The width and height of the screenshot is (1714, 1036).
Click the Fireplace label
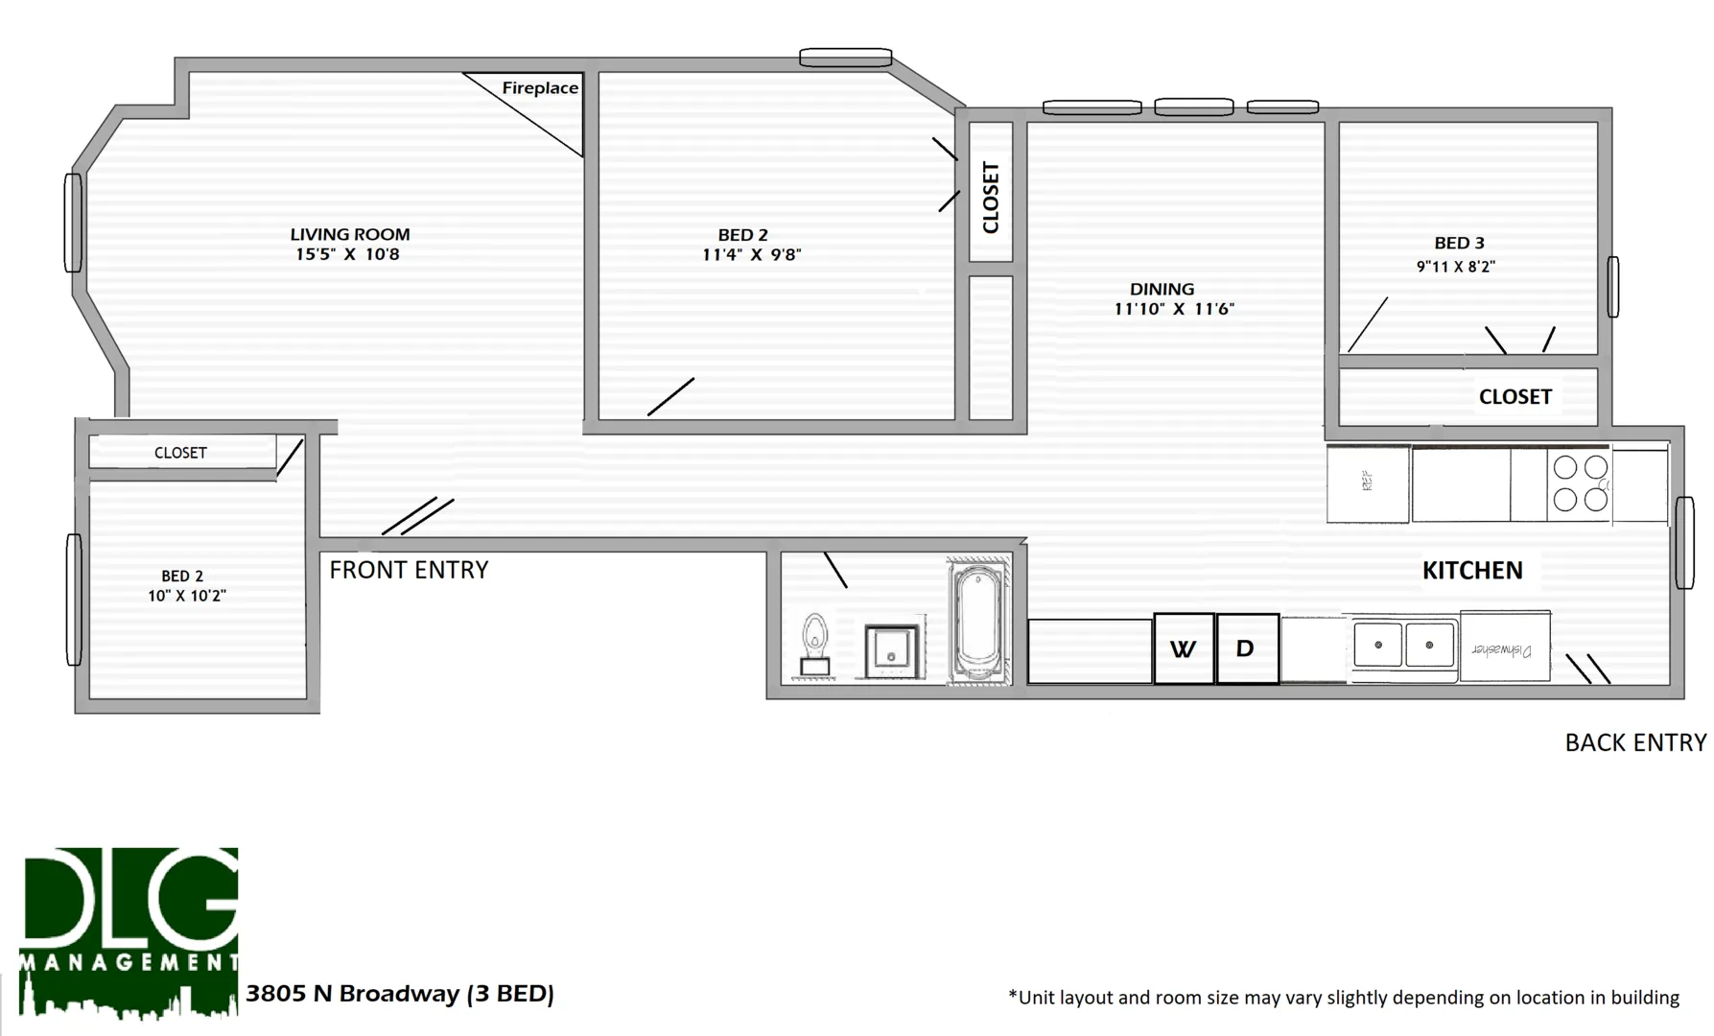(540, 88)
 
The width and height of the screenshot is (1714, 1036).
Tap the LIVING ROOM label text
(350, 234)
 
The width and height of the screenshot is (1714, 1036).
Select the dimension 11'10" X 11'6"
(1174, 309)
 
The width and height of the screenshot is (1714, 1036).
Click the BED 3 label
(1459, 244)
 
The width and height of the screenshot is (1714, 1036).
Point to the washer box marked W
(1184, 648)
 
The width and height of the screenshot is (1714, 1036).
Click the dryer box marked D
(1246, 648)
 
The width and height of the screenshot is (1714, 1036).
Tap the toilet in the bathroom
(815, 646)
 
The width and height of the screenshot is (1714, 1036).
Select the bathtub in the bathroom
(978, 624)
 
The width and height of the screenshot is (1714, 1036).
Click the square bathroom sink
(892, 652)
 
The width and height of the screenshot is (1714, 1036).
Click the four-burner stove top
(1580, 483)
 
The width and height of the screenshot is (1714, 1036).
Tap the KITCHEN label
(1471, 571)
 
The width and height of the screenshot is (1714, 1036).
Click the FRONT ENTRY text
(409, 570)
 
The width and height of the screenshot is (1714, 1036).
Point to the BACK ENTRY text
(1635, 742)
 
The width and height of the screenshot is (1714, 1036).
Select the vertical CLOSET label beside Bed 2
(991, 197)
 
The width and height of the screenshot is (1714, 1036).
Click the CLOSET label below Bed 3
(1514, 397)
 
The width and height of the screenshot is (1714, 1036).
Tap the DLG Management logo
(129, 930)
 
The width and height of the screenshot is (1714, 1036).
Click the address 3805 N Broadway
(400, 994)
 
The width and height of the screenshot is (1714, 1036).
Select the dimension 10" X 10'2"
(187, 596)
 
